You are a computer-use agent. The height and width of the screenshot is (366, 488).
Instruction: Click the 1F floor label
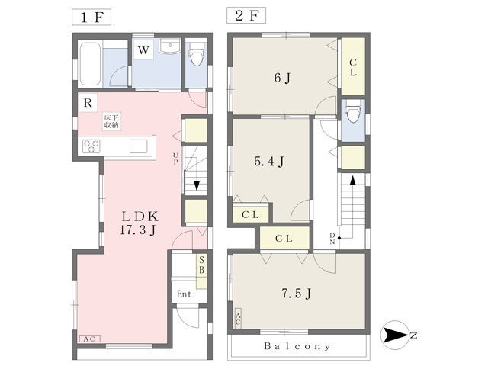click(91, 17)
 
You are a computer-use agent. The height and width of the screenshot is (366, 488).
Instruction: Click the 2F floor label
click(246, 15)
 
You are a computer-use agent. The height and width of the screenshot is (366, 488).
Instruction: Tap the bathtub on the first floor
click(90, 64)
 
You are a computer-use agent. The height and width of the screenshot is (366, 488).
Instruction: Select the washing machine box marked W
click(143, 50)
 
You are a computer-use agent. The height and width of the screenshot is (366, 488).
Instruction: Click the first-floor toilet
click(197, 54)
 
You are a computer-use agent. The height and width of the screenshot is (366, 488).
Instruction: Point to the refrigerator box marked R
click(88, 103)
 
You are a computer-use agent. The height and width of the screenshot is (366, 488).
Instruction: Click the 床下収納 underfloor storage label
click(111, 121)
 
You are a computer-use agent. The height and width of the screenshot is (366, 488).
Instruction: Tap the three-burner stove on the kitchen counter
click(91, 146)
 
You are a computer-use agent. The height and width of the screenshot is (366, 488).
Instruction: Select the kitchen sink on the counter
click(139, 146)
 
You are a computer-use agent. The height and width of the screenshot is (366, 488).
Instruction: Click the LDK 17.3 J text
click(139, 223)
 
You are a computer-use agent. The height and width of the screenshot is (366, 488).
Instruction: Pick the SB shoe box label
click(201, 265)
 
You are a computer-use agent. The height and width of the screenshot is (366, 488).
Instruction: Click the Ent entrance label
click(184, 294)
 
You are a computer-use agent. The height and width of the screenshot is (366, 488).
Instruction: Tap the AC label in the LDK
click(90, 339)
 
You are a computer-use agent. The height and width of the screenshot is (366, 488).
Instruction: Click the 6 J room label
click(282, 78)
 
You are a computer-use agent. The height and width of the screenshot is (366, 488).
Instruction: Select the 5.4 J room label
click(269, 161)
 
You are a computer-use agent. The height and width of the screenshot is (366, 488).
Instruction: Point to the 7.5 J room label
click(297, 293)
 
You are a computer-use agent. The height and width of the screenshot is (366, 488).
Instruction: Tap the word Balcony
click(297, 346)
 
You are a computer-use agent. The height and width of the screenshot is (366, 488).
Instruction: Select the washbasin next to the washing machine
click(170, 47)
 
